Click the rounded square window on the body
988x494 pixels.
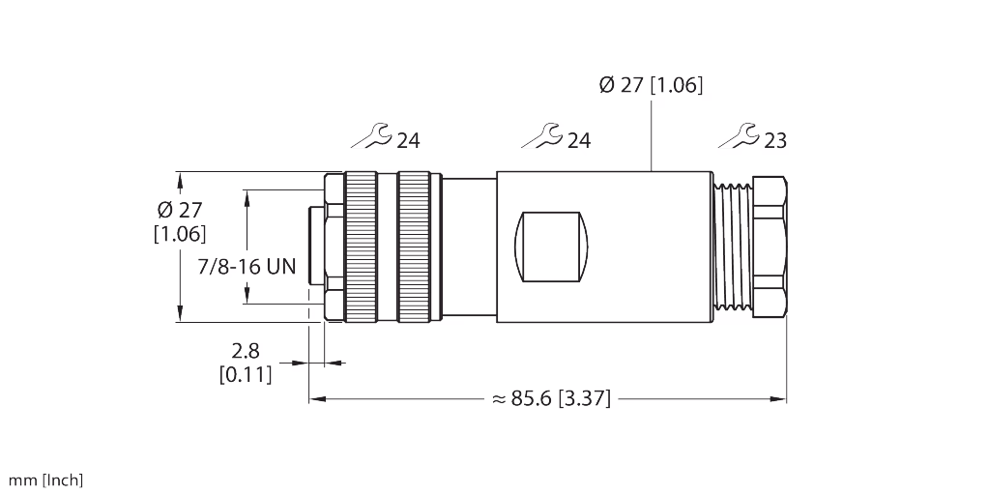[x=551, y=246]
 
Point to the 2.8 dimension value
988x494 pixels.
[x=247, y=352]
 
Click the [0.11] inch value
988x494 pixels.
[x=246, y=373]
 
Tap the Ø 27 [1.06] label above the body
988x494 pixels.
[x=652, y=85]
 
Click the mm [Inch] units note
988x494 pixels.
[x=46, y=479]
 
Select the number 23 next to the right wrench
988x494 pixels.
[x=775, y=141]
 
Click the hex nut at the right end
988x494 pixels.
[x=770, y=246]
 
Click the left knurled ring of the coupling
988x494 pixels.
[x=363, y=246]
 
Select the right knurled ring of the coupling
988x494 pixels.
[x=414, y=246]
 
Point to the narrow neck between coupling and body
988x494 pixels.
[x=468, y=246]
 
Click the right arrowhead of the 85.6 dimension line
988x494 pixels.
[x=780, y=397]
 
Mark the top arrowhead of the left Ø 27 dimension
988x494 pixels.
[x=179, y=178]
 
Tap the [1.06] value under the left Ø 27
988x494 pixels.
[x=180, y=233]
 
